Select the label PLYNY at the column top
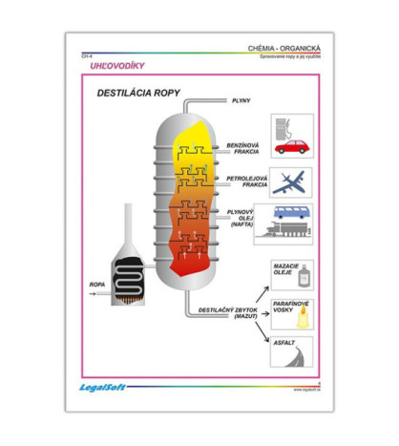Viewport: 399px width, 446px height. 240,99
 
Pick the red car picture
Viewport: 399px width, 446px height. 292,147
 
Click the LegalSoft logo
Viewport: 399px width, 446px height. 96,387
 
